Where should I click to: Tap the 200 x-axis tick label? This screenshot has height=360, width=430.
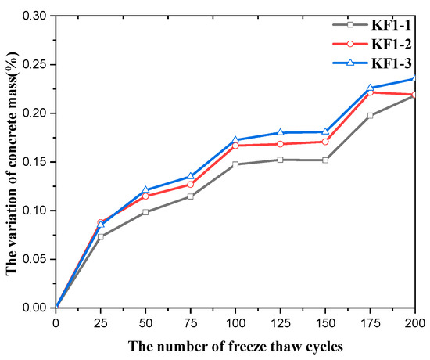(414, 322)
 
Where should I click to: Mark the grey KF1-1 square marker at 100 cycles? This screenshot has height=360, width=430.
(235, 164)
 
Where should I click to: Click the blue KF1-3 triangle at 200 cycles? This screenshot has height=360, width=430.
(414, 78)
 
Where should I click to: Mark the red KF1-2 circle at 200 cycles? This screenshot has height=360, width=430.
(414, 95)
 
